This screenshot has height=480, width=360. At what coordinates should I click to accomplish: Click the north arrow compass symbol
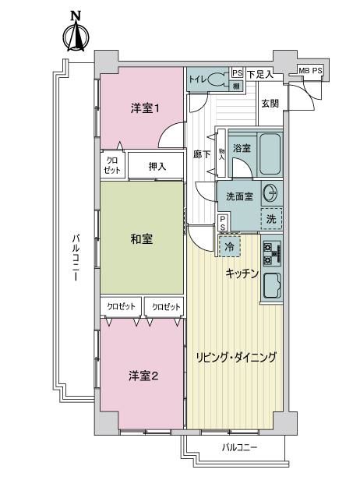pyautogui.click(x=76, y=31)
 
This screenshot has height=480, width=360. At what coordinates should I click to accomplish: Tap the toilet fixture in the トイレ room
pyautogui.click(x=217, y=79)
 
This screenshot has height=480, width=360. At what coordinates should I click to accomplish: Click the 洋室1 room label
pyautogui.click(x=145, y=108)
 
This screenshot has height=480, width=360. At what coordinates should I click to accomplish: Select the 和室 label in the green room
pyautogui.click(x=142, y=239)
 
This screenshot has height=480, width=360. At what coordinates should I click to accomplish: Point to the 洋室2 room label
pyautogui.click(x=143, y=376)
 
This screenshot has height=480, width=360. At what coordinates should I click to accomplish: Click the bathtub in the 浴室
pyautogui.click(x=270, y=154)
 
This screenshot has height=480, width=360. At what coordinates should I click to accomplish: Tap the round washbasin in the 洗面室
pyautogui.click(x=270, y=193)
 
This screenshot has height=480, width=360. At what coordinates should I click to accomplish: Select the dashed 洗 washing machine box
pyautogui.click(x=271, y=218)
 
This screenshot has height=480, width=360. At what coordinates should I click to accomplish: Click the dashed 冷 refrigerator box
pyautogui.click(x=230, y=246)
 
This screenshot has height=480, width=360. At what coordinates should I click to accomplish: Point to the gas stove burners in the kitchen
pyautogui.click(x=272, y=253)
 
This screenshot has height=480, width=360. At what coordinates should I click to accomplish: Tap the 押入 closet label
pyautogui.click(x=157, y=167)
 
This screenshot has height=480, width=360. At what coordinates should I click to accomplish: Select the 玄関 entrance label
pyautogui.click(x=270, y=104)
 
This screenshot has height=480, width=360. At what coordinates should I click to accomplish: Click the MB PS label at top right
pyautogui.click(x=310, y=71)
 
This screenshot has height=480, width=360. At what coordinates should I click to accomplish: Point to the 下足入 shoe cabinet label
pyautogui.click(x=259, y=74)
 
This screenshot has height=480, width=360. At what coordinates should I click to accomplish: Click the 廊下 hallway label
pyautogui.click(x=202, y=154)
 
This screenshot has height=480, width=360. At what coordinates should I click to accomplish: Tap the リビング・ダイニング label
pyautogui.click(x=236, y=357)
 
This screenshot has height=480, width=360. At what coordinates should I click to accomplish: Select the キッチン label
pyautogui.click(x=242, y=274)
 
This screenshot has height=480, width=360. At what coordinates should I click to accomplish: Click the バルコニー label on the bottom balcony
pyautogui.click(x=239, y=448)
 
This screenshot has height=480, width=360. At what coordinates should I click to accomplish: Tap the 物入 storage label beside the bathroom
pyautogui.click(x=221, y=154)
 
